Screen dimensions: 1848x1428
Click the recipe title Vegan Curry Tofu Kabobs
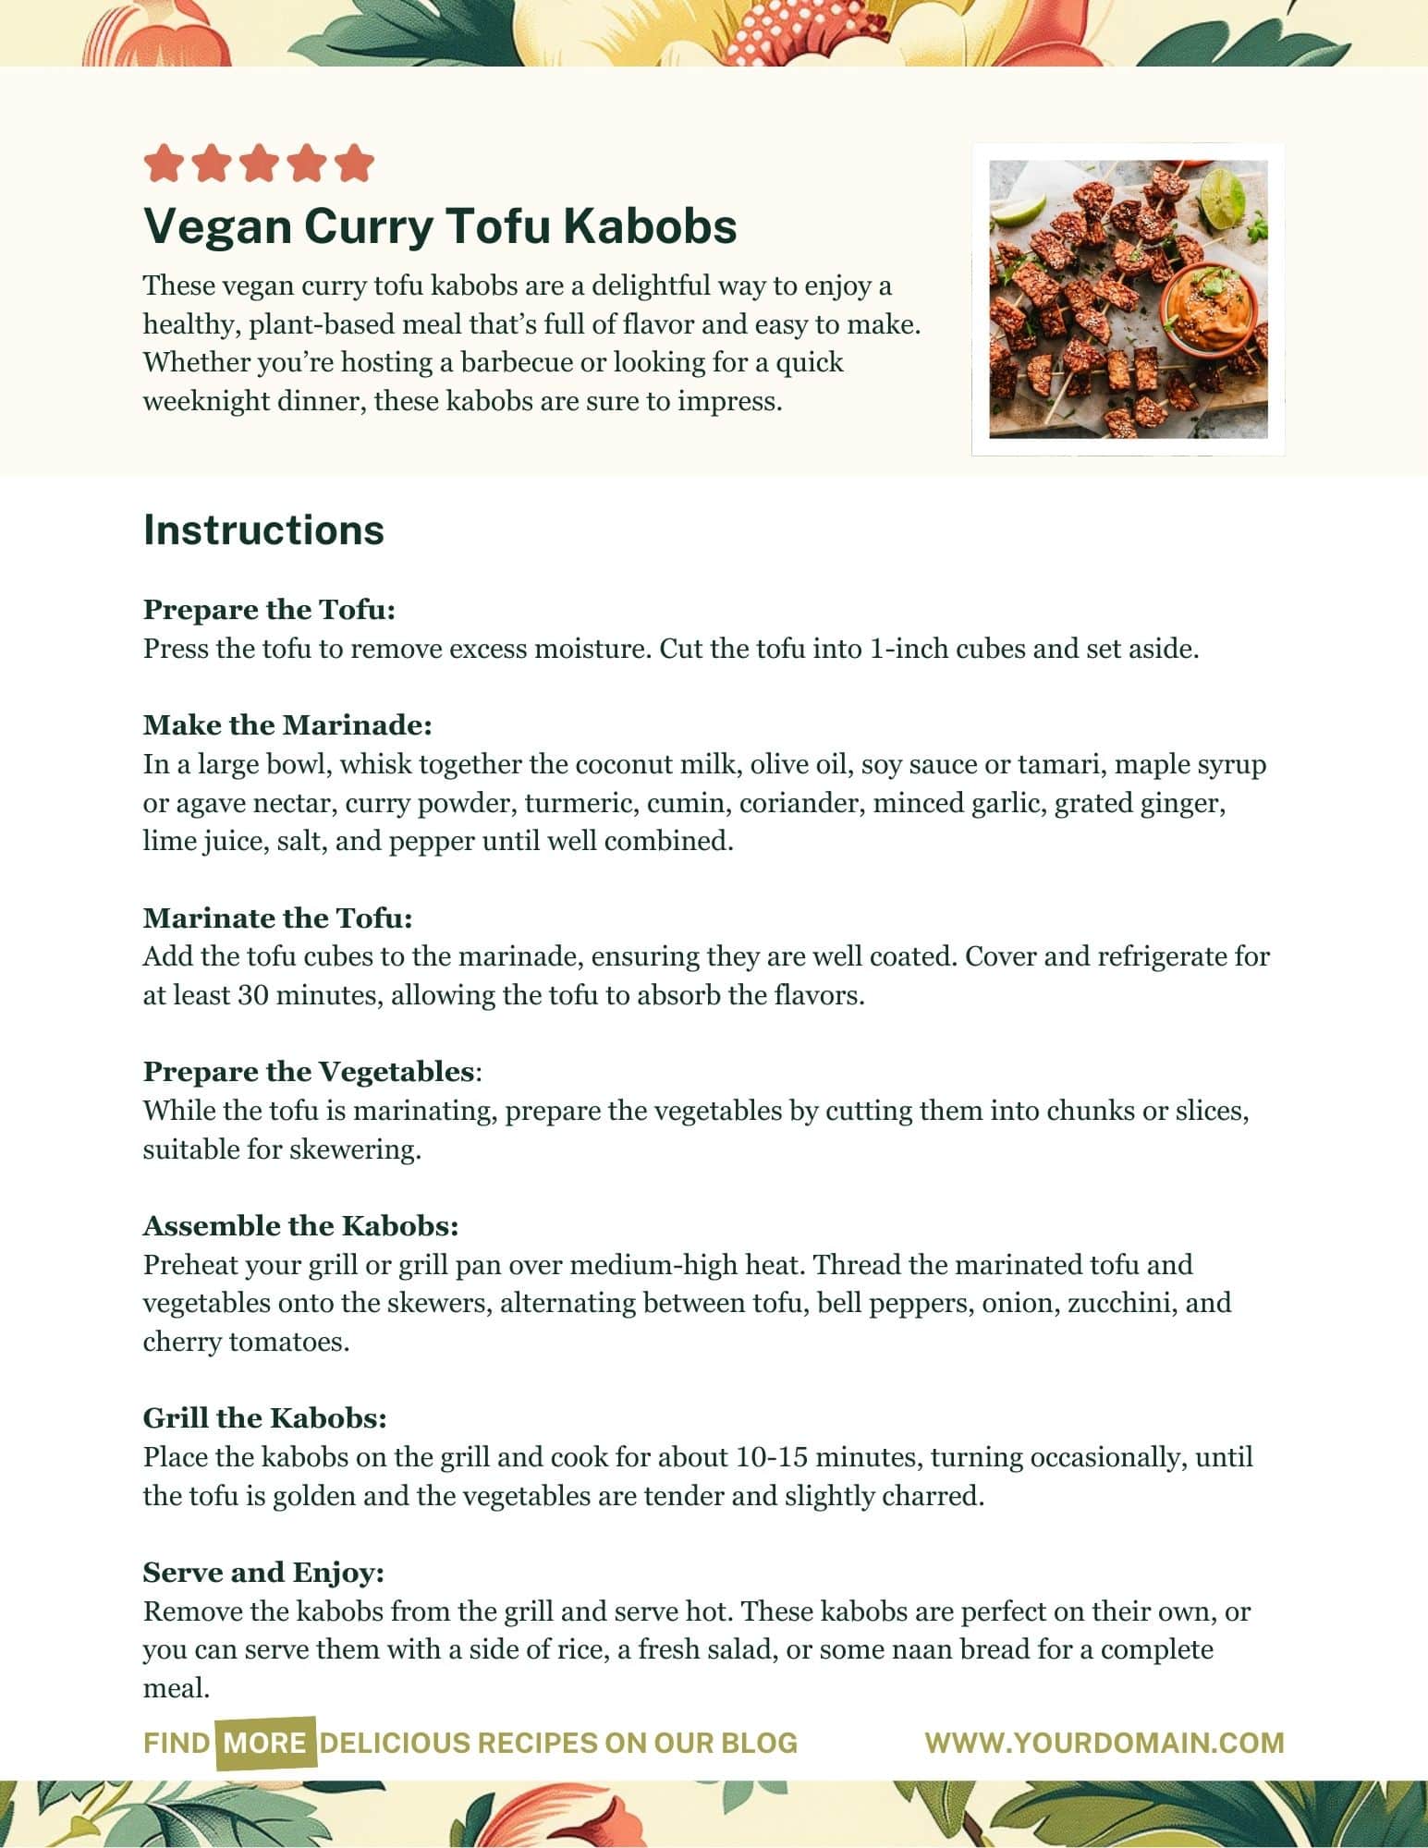click(x=440, y=226)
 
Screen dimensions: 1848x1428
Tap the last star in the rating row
click(x=354, y=164)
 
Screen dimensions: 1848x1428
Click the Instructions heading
click(x=263, y=530)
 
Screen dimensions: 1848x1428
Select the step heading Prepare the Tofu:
click(x=269, y=610)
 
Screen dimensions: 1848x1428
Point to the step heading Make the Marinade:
click(x=287, y=725)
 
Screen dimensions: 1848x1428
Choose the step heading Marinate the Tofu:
click(x=277, y=918)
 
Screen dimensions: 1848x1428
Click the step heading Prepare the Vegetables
click(x=309, y=1072)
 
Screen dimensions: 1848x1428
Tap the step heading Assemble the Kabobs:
click(x=300, y=1226)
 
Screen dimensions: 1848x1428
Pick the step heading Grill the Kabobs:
click(x=264, y=1418)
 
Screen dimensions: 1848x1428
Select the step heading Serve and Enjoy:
click(x=263, y=1573)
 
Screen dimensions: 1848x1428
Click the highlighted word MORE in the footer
click(x=265, y=1744)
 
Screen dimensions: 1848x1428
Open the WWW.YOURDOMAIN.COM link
click(x=1105, y=1744)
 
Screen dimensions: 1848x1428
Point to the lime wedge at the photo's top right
click(x=1223, y=192)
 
